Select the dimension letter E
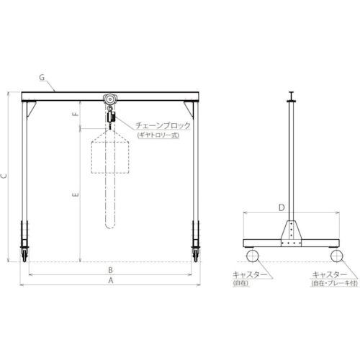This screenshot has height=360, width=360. click(x=76, y=194)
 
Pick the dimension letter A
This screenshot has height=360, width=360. click(x=109, y=282)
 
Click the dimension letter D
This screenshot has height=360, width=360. click(x=291, y=208)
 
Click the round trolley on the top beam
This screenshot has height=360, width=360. click(x=109, y=99)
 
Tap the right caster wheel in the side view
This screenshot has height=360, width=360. click(x=336, y=256)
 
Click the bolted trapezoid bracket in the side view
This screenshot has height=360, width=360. click(x=291, y=233)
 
